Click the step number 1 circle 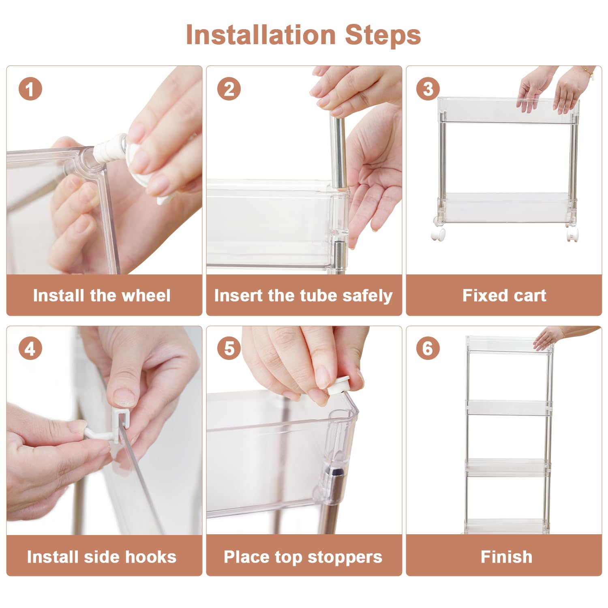tap(30, 89)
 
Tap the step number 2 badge tap(229, 89)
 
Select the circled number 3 tap(428, 89)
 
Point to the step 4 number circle tap(30, 348)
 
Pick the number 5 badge tap(229, 348)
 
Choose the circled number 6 tap(428, 348)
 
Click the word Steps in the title tap(383, 36)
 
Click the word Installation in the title tap(261, 35)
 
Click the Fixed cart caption tap(504, 295)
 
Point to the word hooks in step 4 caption tap(150, 557)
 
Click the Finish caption tap(506, 557)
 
